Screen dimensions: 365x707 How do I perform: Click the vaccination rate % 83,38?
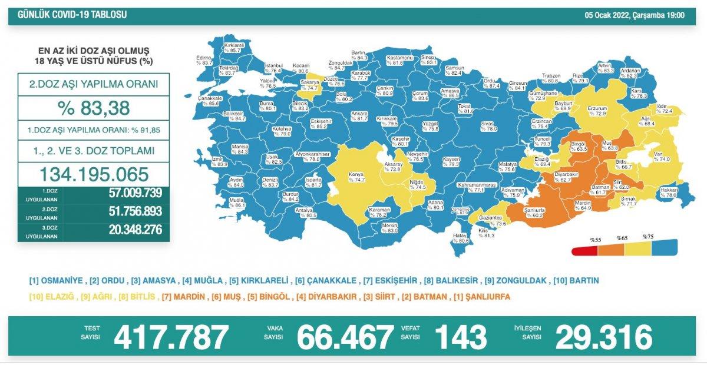[x=94, y=108]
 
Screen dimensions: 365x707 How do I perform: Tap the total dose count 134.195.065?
[x=94, y=174]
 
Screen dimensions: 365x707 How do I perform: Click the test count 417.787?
[x=171, y=337]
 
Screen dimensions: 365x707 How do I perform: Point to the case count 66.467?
[x=345, y=337]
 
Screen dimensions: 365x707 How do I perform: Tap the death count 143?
[x=461, y=337]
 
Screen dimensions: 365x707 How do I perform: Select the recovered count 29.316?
[x=603, y=337]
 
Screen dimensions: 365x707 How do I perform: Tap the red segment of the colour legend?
[x=584, y=251]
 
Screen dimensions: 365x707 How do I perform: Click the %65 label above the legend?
[x=622, y=238]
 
